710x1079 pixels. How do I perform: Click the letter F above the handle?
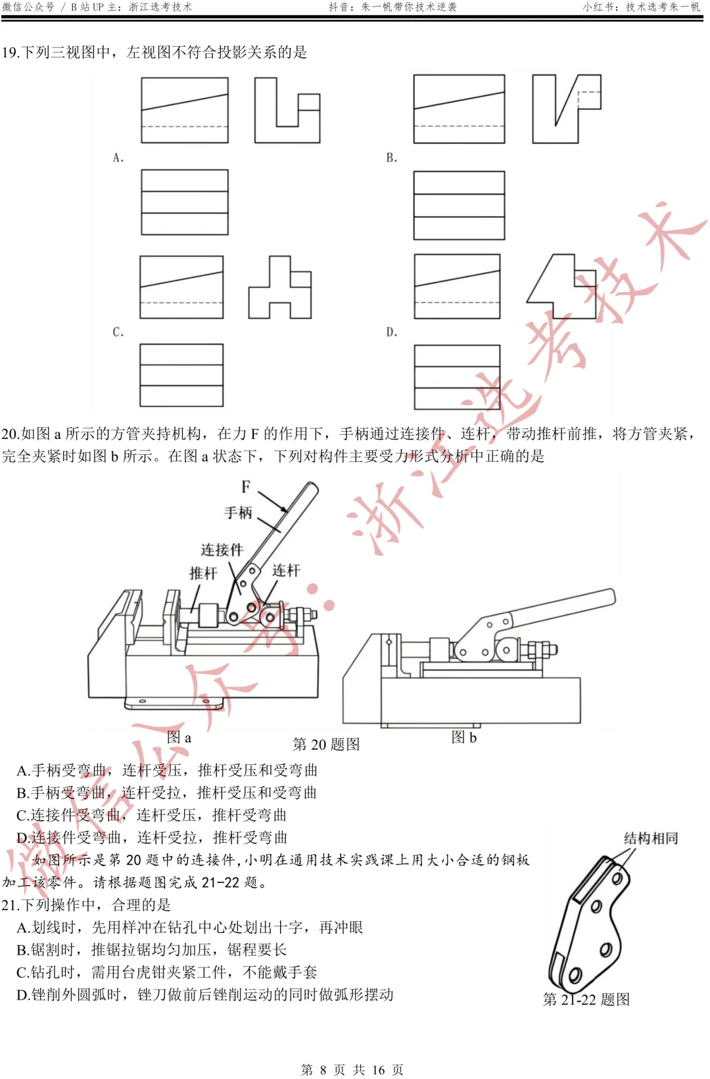pos(246,487)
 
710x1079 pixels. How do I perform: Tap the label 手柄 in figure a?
pos(238,513)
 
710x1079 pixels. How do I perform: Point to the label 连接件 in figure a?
pos(222,549)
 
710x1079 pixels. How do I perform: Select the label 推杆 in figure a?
pos(202,573)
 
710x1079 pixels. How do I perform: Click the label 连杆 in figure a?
pos(286,570)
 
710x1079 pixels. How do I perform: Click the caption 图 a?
pos(179,737)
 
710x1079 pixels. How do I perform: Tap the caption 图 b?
pos(463,737)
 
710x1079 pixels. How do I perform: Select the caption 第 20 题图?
pos(326,745)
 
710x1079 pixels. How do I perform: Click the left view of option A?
pos(287,110)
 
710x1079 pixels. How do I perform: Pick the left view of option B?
pos(566,108)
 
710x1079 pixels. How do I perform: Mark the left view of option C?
pos(279,288)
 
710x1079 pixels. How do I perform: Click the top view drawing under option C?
pos(181,375)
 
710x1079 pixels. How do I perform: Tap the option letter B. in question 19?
pos(392,158)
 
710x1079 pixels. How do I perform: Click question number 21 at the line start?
pos(9,906)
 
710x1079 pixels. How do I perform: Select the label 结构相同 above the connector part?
pos(650,838)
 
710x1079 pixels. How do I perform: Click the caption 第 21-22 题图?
pos(586,999)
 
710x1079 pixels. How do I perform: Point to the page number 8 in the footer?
pos(323,1070)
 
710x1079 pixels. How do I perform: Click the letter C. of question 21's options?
pos(23,973)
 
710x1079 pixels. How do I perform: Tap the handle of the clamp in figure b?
pos(565,608)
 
